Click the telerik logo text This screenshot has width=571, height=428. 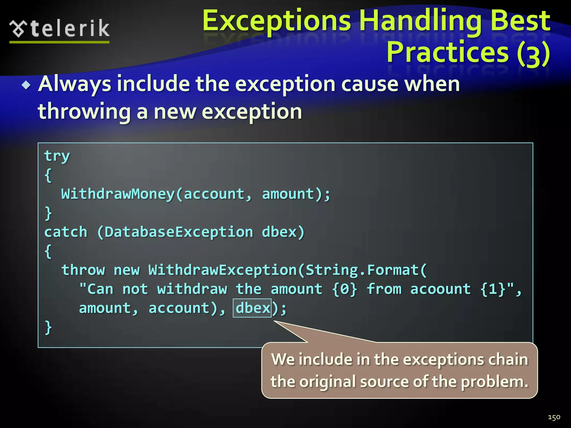pyautogui.click(x=70, y=28)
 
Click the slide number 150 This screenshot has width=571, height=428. pyautogui.click(x=554, y=417)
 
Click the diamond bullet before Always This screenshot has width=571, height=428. pyautogui.click(x=26, y=85)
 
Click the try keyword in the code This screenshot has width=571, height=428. pyautogui.click(x=57, y=156)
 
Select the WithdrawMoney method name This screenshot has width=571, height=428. pyautogui.click(x=118, y=194)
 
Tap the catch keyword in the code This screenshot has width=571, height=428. pyautogui.click(x=66, y=232)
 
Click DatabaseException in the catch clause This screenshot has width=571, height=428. pyautogui.click(x=179, y=232)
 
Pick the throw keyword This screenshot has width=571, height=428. pyautogui.click(x=83, y=270)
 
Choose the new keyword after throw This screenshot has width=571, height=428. pyautogui.click(x=127, y=270)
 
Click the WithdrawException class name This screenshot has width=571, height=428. pyautogui.click(x=222, y=270)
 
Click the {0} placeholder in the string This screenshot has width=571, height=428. pyautogui.click(x=345, y=289)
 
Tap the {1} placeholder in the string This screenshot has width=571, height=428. pyautogui.click(x=493, y=289)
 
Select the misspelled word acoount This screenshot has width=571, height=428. pyautogui.click(x=441, y=289)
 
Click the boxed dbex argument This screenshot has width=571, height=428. pyautogui.click(x=252, y=308)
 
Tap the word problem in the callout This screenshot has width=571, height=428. pyautogui.click(x=494, y=381)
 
